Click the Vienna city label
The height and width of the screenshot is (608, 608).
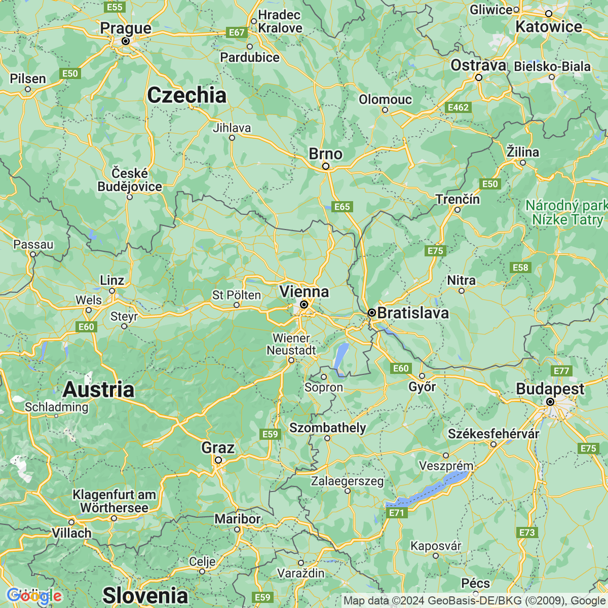(304, 292)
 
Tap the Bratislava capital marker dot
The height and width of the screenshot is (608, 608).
(371, 313)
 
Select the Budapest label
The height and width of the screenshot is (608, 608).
(550, 389)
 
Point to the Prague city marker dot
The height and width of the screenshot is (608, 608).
(125, 41)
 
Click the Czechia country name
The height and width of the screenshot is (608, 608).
(186, 95)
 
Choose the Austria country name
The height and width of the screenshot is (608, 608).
(98, 390)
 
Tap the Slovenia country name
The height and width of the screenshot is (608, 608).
(145, 595)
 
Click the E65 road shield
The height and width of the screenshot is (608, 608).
(342, 207)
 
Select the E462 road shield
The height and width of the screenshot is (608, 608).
(458, 107)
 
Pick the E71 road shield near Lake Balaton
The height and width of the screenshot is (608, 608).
(396, 513)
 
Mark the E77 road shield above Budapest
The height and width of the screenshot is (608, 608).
(561, 371)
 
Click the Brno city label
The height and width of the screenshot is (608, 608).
(325, 154)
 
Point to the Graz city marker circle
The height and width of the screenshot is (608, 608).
(218, 460)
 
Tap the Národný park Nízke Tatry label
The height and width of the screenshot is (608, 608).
(566, 213)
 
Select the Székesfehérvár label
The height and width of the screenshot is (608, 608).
(493, 434)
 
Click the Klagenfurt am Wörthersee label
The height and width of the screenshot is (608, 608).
(114, 501)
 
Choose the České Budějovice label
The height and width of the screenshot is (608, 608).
(130, 180)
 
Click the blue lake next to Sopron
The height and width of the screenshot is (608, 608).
(341, 357)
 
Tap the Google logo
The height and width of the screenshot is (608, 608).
(34, 596)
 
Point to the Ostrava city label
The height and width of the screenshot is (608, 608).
(478, 65)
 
